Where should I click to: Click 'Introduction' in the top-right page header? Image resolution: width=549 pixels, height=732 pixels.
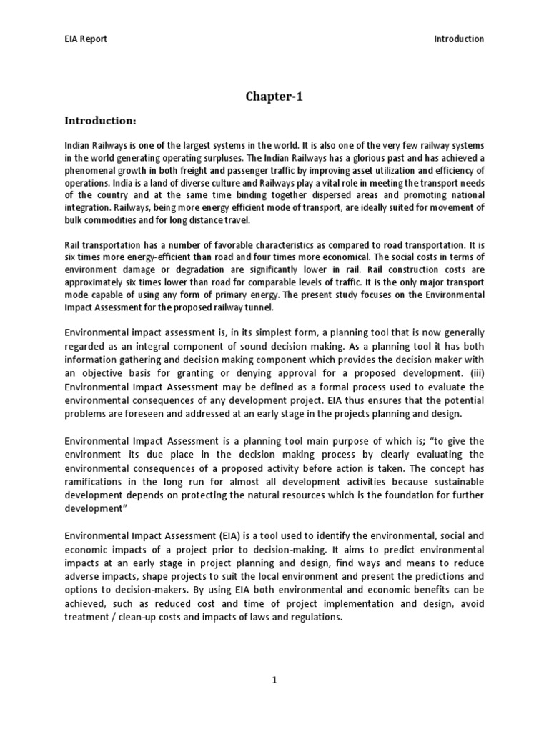(x=459, y=39)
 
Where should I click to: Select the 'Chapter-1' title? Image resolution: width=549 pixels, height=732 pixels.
(x=274, y=97)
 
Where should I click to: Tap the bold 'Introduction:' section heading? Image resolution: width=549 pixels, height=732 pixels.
(x=100, y=121)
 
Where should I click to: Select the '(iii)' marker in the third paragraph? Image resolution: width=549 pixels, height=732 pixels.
(x=476, y=373)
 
